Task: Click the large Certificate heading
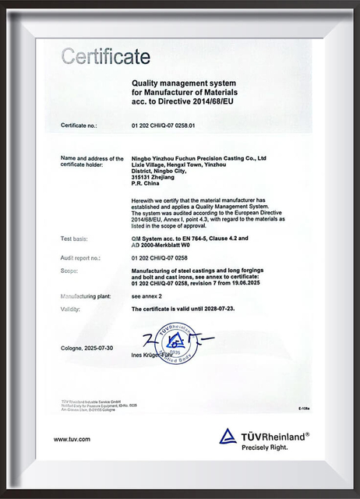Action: pos(105,56)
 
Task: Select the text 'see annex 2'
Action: pos(149,296)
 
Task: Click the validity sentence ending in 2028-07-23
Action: pos(185,310)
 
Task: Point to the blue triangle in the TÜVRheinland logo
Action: pos(228,436)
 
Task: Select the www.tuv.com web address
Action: pos(72,439)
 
